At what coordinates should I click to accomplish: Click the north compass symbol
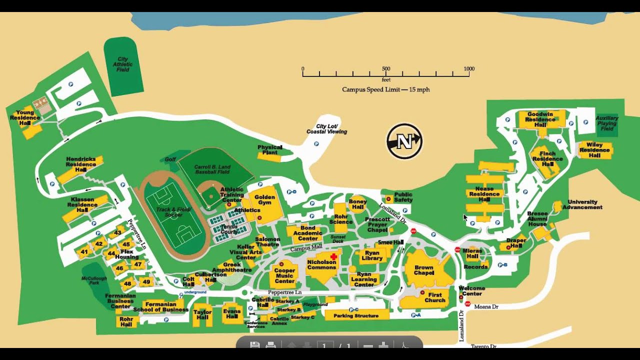point(404,141)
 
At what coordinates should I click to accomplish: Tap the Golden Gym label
point(265,200)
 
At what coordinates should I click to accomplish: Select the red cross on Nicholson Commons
point(333,256)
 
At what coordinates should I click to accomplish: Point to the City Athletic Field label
point(123,64)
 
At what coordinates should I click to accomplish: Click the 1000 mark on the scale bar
point(468,68)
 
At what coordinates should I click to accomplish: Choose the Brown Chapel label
point(423,270)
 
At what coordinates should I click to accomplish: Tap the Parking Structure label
point(356,315)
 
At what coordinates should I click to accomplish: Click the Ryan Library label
point(372,256)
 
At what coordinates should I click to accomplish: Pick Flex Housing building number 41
point(84,252)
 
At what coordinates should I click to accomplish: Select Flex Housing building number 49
point(146,282)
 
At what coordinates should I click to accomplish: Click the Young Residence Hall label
point(25,118)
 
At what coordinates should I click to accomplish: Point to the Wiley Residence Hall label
point(594,150)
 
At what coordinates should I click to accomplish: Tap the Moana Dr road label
point(486,306)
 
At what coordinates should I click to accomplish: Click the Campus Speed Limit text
point(385,89)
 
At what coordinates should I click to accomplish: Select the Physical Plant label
point(270,150)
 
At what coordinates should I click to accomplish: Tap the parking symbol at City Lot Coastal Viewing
point(316,144)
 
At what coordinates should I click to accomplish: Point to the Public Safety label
point(403,197)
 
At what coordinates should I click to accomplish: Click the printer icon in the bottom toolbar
point(270,345)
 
